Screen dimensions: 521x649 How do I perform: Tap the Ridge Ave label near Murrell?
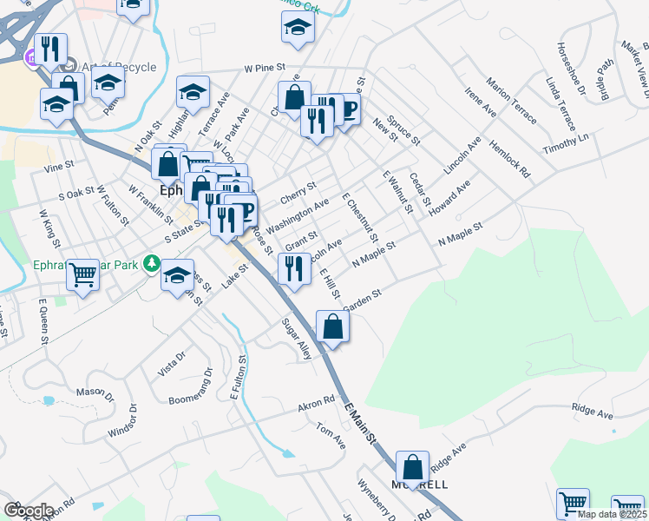click(x=449, y=454)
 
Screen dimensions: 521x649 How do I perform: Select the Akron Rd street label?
click(x=316, y=405)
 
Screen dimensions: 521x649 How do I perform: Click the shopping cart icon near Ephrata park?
click(x=83, y=276)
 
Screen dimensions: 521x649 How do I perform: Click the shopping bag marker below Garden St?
click(x=333, y=327)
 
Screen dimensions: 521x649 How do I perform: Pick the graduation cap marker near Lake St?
click(x=177, y=276)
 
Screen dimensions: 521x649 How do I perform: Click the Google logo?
click(x=28, y=511)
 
